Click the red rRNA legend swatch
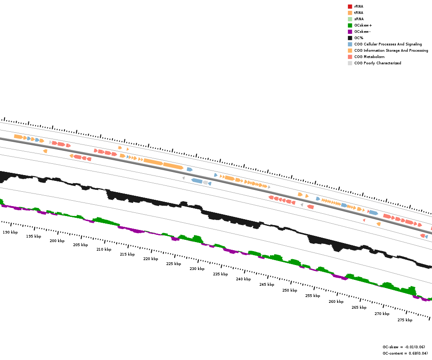(x=350, y=6)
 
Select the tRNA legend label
(x=359, y=13)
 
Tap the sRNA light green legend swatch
(x=350, y=19)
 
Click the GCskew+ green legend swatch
(x=350, y=25)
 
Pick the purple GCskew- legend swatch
(x=350, y=31)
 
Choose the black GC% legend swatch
(x=350, y=38)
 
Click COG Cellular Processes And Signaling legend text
(x=388, y=44)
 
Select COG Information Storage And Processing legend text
(x=391, y=50)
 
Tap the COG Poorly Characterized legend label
(x=378, y=63)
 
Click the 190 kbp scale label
(x=10, y=232)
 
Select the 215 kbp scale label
(x=127, y=254)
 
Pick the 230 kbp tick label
(x=197, y=269)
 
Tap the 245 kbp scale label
(x=266, y=284)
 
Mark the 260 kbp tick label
(x=336, y=301)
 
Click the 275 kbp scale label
(x=405, y=320)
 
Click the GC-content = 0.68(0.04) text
(x=405, y=353)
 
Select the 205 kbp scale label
(x=80, y=245)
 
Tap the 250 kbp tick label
(x=290, y=290)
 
